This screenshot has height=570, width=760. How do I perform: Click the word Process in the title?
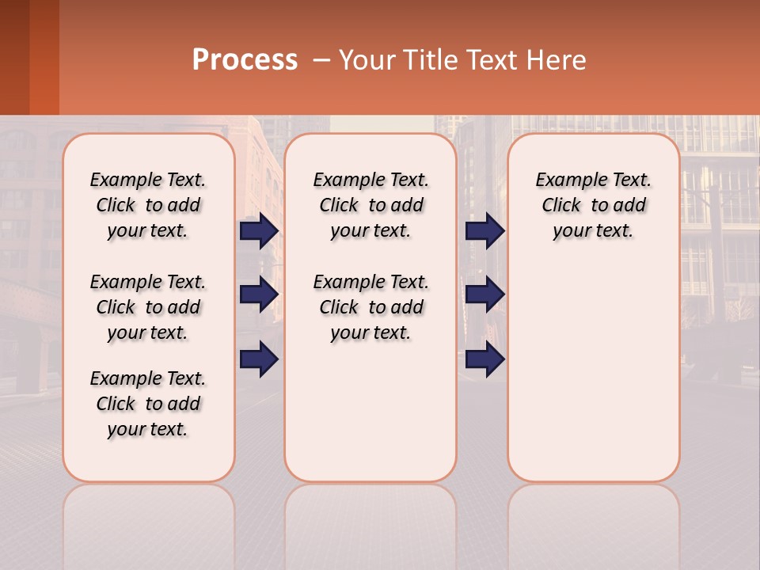coord(245,59)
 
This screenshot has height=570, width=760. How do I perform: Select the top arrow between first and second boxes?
coord(259,230)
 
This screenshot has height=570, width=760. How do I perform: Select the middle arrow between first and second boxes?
coord(259,294)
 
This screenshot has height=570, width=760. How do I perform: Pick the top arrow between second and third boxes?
coord(484,230)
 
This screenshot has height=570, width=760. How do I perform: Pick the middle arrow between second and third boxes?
coord(484,294)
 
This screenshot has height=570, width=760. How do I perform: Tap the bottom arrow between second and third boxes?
coord(484,359)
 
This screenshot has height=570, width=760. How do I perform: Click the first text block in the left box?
coord(148,205)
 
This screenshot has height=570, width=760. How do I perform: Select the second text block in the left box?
coord(148,307)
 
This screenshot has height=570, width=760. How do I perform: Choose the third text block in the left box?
coord(148,404)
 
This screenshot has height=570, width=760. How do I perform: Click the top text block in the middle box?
coord(371,205)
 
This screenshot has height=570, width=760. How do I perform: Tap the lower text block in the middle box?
coord(371,307)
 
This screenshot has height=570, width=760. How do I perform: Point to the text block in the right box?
coord(594,205)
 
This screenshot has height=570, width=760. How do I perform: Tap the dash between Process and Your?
coord(321,60)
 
